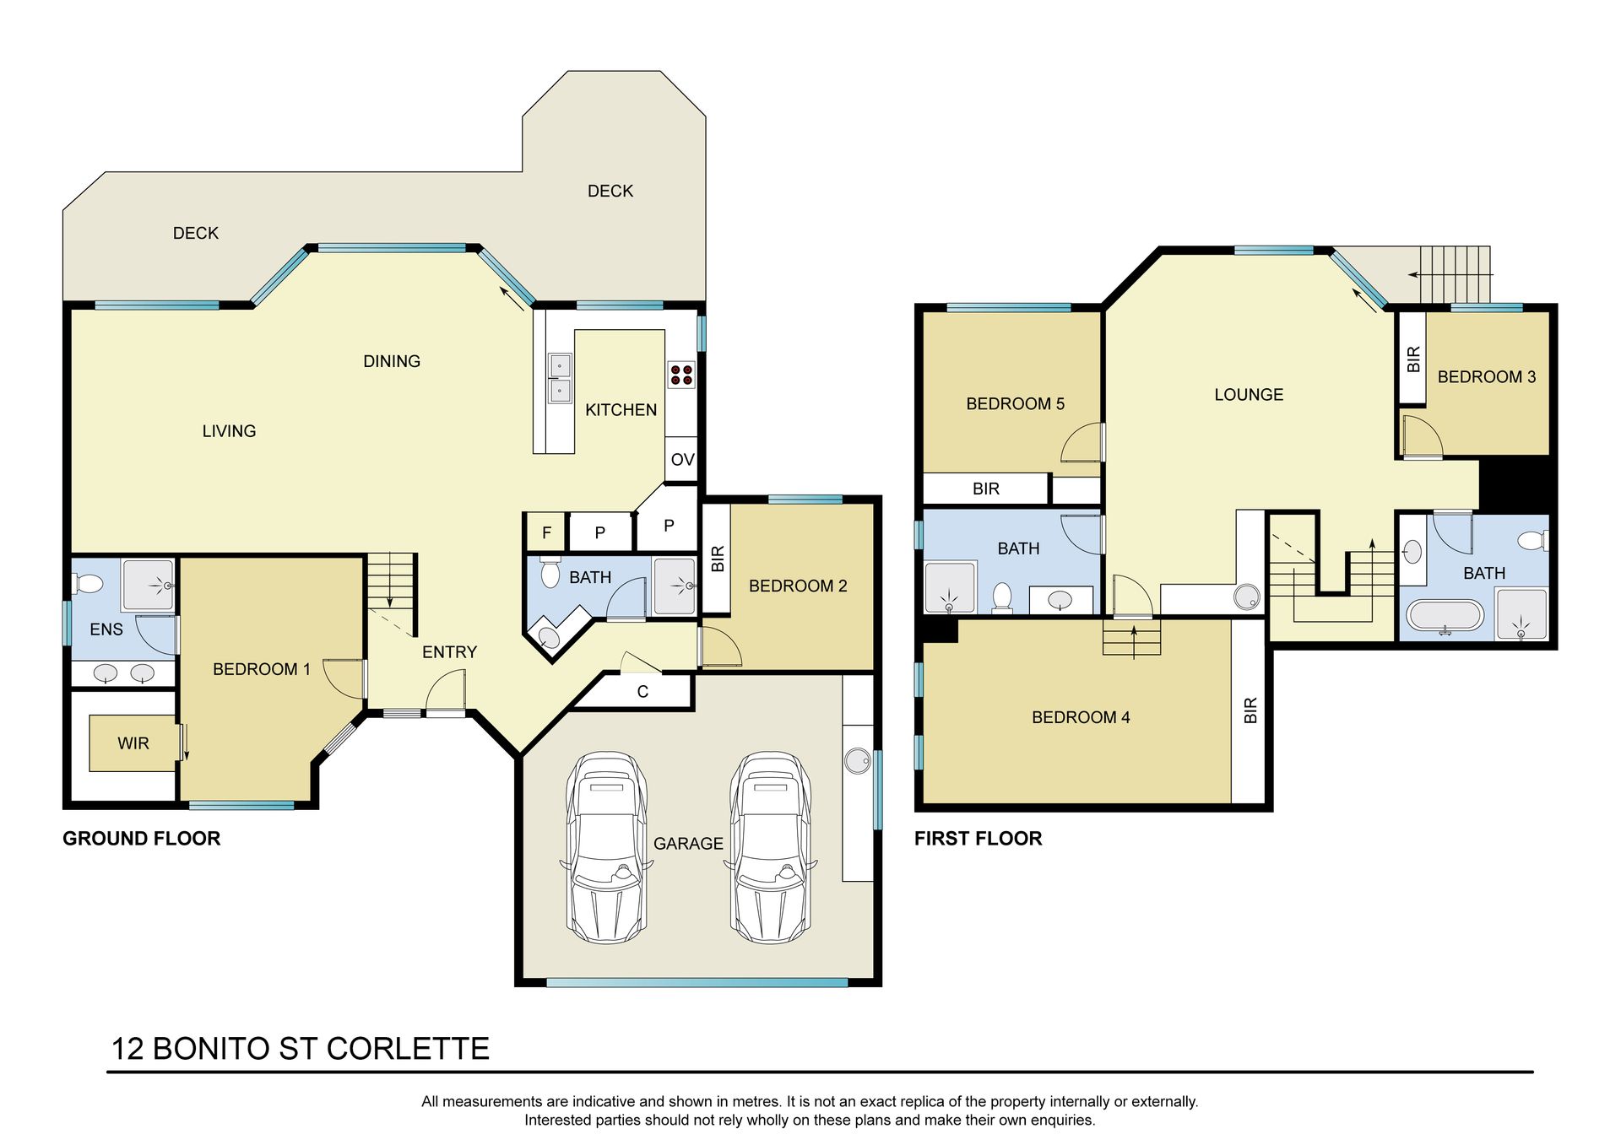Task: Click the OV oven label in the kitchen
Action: click(682, 460)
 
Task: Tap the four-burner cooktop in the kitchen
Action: click(681, 375)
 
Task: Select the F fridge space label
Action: click(546, 532)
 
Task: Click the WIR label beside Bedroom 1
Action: click(133, 743)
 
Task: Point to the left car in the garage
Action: click(606, 847)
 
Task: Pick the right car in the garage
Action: click(772, 847)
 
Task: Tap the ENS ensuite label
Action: click(106, 629)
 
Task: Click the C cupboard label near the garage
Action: click(642, 692)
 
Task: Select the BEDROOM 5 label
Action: click(1015, 404)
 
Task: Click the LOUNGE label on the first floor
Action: click(1249, 395)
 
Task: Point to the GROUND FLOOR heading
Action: click(141, 839)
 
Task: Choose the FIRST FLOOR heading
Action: click(978, 839)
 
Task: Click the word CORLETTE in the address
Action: click(408, 1049)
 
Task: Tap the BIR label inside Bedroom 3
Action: click(1413, 359)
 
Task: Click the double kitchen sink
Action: click(559, 378)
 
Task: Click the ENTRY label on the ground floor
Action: click(449, 652)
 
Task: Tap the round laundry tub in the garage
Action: click(857, 760)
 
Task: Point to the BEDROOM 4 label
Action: click(1081, 718)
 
